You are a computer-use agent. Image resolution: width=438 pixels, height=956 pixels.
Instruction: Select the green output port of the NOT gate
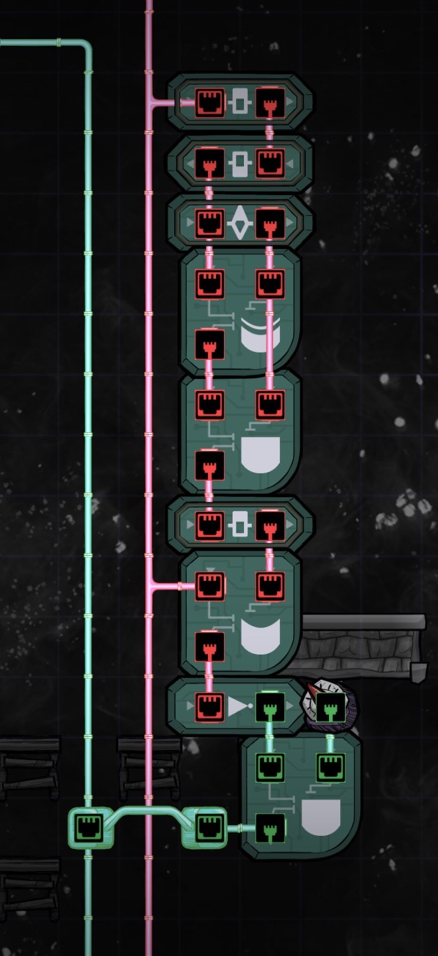pos(270,706)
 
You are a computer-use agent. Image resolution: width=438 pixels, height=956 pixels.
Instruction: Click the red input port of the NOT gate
pos(209,706)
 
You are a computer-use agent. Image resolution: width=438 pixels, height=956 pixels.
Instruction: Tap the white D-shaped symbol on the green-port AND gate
pos(320,817)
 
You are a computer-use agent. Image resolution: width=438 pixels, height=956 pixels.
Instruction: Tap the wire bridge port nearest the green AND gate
pos(209,828)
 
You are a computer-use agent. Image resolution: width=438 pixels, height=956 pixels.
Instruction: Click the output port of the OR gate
pos(209,647)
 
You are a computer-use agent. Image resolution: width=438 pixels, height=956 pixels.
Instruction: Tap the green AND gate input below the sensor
pos(330,767)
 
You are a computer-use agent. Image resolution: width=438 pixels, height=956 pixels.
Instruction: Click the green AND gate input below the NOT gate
pos(270,767)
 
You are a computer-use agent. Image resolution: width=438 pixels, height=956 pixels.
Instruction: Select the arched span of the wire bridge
pos(148,810)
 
